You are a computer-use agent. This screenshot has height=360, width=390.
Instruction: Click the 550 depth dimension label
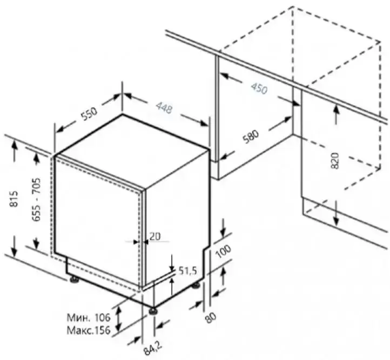pyautogui.click(x=89, y=113)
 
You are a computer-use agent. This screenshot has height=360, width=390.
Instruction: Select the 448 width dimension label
pyautogui.click(x=164, y=108)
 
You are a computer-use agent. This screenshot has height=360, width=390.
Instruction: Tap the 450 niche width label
pyautogui.click(x=259, y=88)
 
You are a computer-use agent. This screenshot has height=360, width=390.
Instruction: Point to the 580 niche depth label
pyautogui.click(x=251, y=137)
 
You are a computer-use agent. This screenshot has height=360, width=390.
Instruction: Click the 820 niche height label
pyautogui.click(x=335, y=160)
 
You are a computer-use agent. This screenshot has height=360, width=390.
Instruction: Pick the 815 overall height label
pyautogui.click(x=14, y=199)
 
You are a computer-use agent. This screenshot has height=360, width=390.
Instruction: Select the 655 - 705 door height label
pyautogui.click(x=36, y=199)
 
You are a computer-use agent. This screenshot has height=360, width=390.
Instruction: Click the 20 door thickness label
pyautogui.click(x=155, y=236)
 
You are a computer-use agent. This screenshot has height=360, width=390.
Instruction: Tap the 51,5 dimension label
pyautogui.click(x=188, y=270)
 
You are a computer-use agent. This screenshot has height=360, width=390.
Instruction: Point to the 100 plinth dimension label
pyautogui.click(x=223, y=251)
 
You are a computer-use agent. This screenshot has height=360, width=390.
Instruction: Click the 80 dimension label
pyautogui.click(x=211, y=317)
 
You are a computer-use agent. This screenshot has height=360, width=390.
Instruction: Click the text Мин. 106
pyautogui.click(x=88, y=317)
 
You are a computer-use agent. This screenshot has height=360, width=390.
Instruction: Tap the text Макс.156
pyautogui.click(x=88, y=330)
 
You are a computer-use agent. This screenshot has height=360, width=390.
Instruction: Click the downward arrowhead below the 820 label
pyautogui.click(x=336, y=221)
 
